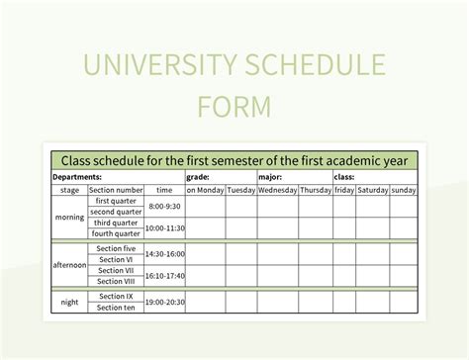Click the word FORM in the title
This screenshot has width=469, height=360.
234,104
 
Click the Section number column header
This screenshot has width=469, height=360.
116,189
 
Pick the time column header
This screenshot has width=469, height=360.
164,189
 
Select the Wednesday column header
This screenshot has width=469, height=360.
277,189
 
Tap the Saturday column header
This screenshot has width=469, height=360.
373,189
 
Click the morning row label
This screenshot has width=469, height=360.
69,218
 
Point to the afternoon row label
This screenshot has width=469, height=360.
69,264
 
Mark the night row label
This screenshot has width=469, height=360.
69,302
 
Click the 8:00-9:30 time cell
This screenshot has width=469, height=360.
164,206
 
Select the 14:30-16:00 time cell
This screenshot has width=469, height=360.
164,252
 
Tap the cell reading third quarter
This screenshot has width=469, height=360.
116,223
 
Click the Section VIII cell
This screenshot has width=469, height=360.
116,281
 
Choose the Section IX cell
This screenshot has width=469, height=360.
116,296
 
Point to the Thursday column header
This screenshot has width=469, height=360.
316,189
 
